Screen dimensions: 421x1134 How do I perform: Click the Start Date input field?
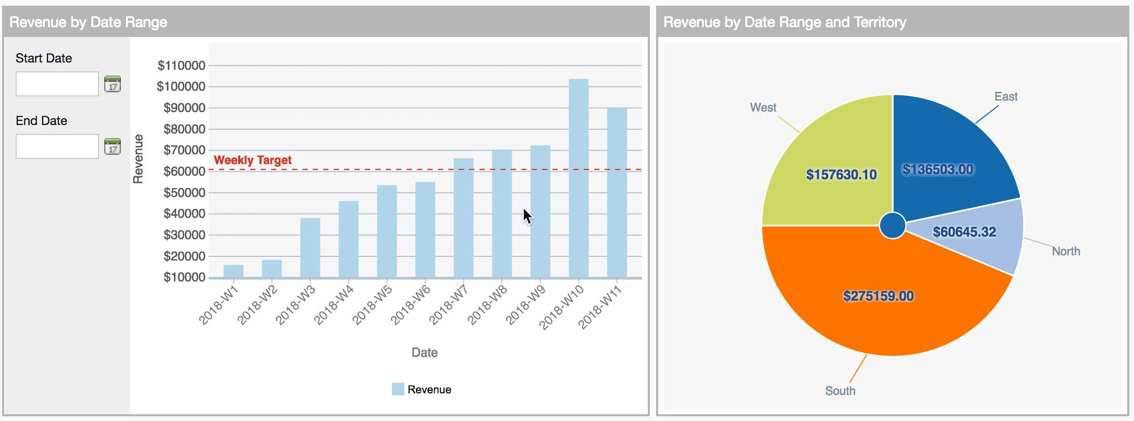(57, 84)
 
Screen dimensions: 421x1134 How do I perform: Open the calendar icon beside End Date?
(112, 146)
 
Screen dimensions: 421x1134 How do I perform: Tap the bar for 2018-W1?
(233, 271)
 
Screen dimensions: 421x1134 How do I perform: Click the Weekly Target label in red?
(253, 160)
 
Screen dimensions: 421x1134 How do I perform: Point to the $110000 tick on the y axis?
(181, 66)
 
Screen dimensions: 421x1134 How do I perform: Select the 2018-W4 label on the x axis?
(334, 305)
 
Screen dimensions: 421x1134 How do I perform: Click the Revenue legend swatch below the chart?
(398, 389)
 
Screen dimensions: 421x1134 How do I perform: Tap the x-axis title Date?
(424, 353)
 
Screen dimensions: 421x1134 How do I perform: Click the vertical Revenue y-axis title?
(138, 159)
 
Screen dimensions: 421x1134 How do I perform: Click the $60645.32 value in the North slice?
(964, 232)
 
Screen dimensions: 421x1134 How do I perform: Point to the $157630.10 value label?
(841, 175)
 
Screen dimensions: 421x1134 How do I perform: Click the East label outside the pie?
(1006, 97)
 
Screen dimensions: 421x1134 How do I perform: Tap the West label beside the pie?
(763, 107)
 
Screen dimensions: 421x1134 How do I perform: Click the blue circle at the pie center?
(892, 226)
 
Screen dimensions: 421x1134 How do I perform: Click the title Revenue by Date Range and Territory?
(784, 22)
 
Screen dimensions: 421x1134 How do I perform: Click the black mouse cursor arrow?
(527, 216)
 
